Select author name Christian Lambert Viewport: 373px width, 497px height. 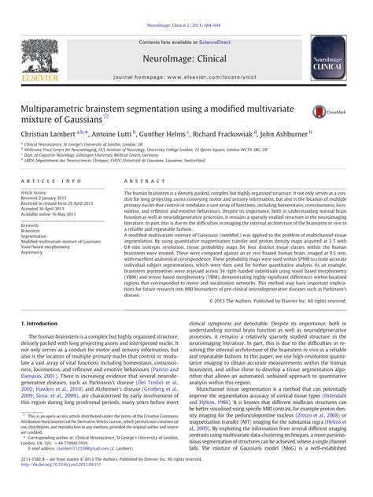(x=48, y=134)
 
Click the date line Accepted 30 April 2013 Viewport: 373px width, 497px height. (x=48, y=209)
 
